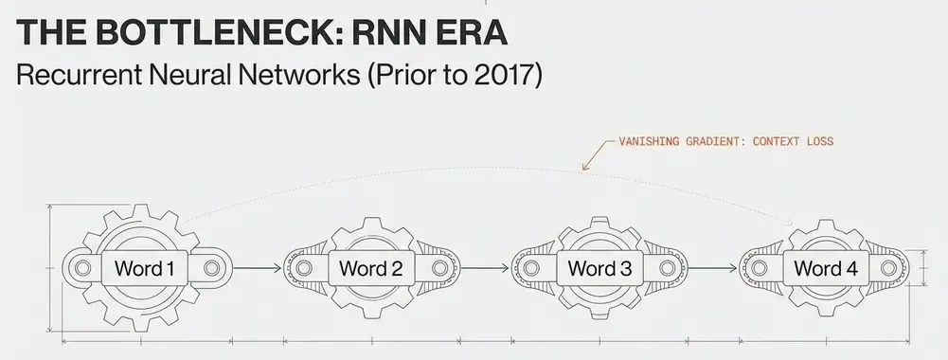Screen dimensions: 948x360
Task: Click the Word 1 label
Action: click(145, 269)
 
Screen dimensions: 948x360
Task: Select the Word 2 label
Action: click(371, 269)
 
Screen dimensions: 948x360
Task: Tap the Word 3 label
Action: click(599, 269)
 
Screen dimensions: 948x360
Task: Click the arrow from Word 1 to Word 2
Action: click(256, 269)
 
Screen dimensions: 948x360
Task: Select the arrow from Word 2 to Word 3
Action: click(483, 269)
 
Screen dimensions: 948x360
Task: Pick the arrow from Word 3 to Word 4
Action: click(710, 269)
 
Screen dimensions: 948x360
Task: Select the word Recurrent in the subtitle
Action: click(76, 76)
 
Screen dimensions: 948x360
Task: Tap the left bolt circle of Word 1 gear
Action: click(82, 269)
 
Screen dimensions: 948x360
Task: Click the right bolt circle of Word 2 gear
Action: click(438, 269)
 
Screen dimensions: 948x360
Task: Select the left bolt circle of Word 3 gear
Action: click(531, 269)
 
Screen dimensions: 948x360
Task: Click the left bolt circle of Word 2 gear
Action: click(304, 269)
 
